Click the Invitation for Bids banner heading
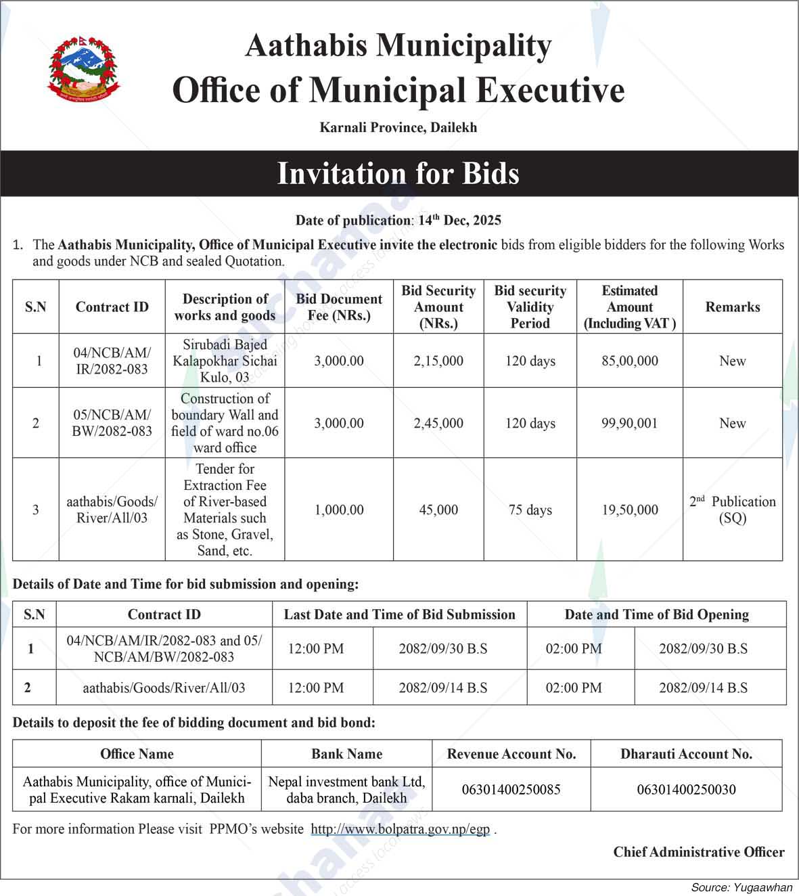tap(398, 173)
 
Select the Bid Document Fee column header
tap(339, 307)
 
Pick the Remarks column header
tap(733, 307)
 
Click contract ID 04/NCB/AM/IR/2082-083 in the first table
tap(112, 361)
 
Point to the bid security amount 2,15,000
tap(438, 361)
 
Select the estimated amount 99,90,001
tap(630, 423)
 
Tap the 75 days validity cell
tap(530, 510)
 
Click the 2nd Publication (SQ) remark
tap(733, 510)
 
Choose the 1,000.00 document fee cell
tap(339, 510)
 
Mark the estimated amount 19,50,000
tap(630, 510)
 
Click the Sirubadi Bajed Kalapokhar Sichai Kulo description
tap(225, 361)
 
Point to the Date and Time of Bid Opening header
tap(657, 614)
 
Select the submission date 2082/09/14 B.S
tap(443, 688)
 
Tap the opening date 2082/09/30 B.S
tap(704, 648)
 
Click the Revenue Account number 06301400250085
tap(511, 789)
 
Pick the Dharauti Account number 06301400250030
tap(687, 789)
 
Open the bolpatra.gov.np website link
tap(401, 829)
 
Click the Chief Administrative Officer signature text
tap(699, 852)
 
